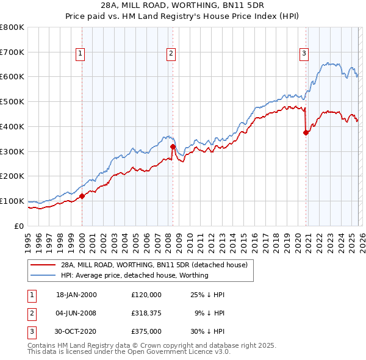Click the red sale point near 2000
pyautogui.click(x=82, y=196)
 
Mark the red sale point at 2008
pyautogui.click(x=173, y=146)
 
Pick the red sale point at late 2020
pyautogui.click(x=306, y=132)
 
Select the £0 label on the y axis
pyautogui.click(x=18, y=226)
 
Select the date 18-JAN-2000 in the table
pyautogui.click(x=76, y=295)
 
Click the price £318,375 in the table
pyautogui.click(x=146, y=313)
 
